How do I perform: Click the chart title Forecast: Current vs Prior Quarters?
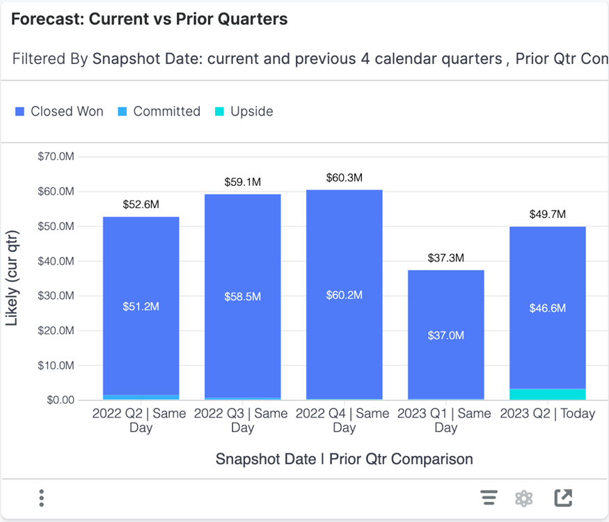coord(149,19)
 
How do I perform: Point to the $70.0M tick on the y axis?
coord(56,157)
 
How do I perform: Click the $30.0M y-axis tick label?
coord(56,296)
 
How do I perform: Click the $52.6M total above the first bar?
coord(141,205)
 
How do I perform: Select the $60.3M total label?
coord(344,178)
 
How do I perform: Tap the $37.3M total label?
coord(445,258)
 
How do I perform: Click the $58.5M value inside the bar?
coord(242,296)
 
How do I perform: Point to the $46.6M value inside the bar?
coord(547,308)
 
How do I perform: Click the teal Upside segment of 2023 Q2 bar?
coord(547,395)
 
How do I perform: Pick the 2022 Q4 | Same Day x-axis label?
coord(344,420)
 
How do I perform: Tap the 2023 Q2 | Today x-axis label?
coord(547,413)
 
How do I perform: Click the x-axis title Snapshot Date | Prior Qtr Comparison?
coord(344,459)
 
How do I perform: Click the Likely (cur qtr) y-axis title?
coord(13,278)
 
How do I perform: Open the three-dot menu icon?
coord(42,498)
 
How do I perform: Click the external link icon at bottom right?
coord(562,498)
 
